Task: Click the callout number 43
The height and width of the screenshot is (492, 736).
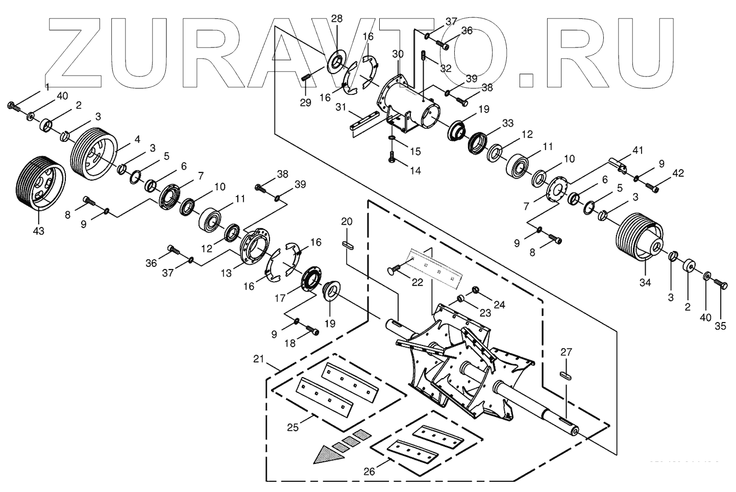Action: coord(38,231)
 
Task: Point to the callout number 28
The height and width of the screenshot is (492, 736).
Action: coord(337,19)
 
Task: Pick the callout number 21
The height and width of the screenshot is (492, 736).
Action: coord(259,359)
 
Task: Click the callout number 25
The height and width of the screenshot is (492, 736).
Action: coord(292,427)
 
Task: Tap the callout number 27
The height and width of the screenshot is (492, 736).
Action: coord(566,352)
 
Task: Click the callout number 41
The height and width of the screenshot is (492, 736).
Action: coord(638,150)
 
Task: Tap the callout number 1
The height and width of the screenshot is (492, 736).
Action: coord(47,87)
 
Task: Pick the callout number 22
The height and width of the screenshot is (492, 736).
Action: coord(418,282)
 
